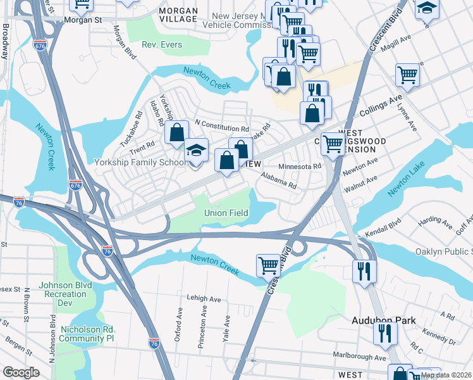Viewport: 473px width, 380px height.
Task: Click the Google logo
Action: coord(21,372)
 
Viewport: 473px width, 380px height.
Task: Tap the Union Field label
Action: coord(226,213)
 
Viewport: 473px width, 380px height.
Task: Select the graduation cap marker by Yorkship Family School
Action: coord(196,152)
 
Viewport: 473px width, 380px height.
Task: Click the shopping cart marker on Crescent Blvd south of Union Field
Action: coord(268,265)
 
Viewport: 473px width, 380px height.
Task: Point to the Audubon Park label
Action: coord(384,320)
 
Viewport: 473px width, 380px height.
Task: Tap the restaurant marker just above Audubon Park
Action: coord(365,271)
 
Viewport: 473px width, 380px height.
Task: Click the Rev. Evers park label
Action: coord(161,45)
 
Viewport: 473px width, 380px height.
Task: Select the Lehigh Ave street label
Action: coord(204,298)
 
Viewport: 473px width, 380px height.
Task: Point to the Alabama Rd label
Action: coord(278,180)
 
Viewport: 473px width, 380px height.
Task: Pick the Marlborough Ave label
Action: coord(360,357)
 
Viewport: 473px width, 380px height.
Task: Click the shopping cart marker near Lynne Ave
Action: coord(408,75)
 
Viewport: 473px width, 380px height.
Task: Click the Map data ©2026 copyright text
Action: coord(446,375)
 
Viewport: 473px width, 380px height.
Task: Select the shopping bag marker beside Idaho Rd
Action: coord(177,132)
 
